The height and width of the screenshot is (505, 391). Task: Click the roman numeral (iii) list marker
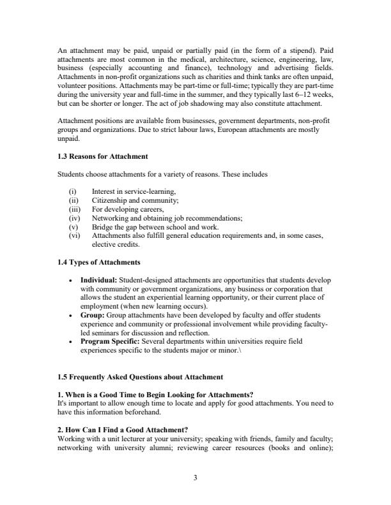pos(75,209)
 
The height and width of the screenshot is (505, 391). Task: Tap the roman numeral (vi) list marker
pos(75,235)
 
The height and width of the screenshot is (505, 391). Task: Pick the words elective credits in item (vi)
pos(117,244)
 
